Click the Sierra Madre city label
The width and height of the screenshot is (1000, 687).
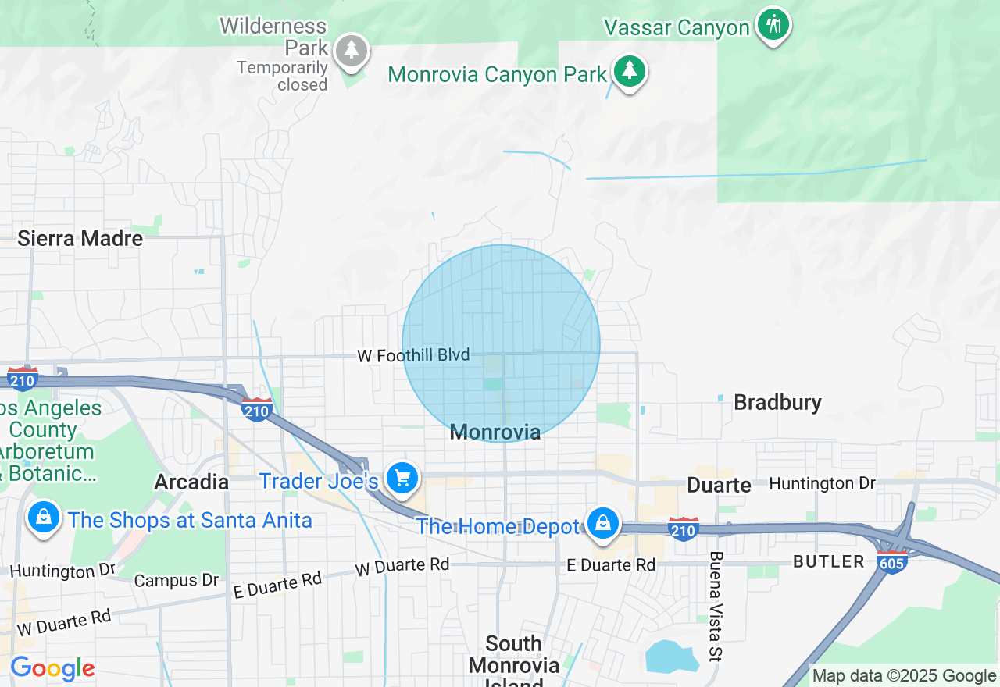tap(80, 238)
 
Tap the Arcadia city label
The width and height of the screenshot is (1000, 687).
tap(191, 482)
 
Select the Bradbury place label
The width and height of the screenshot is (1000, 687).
tap(777, 403)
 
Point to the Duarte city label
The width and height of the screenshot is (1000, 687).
tap(719, 485)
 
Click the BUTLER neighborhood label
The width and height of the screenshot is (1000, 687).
tap(828, 561)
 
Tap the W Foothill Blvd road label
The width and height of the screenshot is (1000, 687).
tap(413, 355)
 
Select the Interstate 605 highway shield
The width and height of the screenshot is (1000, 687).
tap(892, 561)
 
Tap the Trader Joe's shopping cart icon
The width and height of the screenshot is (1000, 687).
tap(402, 477)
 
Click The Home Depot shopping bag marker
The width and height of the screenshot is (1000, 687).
tap(602, 522)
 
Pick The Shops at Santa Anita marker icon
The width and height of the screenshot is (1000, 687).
tap(44, 516)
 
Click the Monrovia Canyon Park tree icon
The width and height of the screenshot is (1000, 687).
tap(629, 71)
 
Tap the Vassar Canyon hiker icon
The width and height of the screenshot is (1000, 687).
tap(773, 24)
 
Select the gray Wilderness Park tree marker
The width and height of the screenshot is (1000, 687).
tap(352, 51)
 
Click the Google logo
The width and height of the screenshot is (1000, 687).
tap(52, 669)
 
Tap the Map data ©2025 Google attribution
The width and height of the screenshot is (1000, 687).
tap(904, 676)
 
